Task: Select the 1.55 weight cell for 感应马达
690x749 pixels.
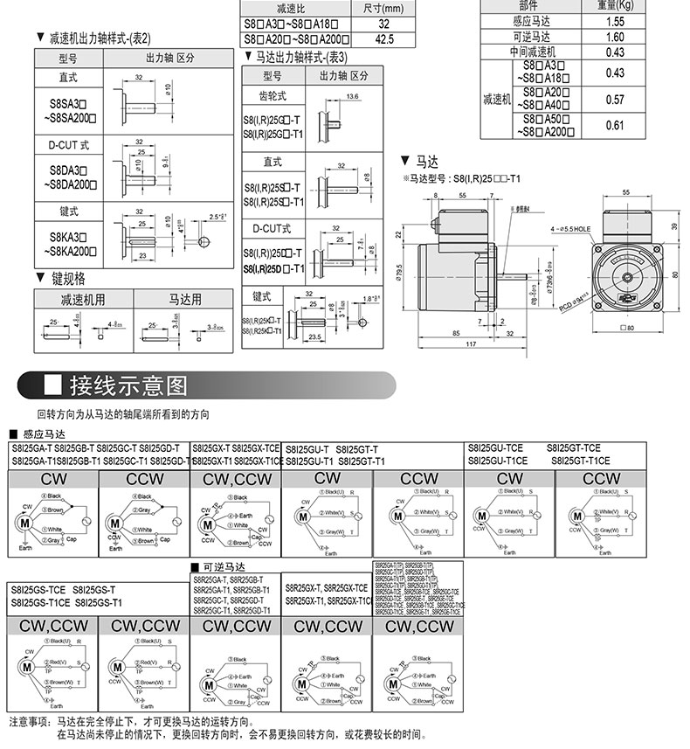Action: click(614, 21)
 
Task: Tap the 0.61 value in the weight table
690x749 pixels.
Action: click(614, 125)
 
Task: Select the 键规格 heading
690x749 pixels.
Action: click(68, 279)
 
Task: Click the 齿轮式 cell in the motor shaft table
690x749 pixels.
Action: click(273, 96)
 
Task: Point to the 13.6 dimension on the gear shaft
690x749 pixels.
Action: click(352, 95)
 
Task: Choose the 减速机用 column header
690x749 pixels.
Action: click(83, 300)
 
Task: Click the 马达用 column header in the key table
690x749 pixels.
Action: click(184, 300)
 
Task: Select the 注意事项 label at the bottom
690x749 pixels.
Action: click(31, 722)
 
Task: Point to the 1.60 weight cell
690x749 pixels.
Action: click(614, 37)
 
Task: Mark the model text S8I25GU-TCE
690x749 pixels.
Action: click(495, 447)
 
